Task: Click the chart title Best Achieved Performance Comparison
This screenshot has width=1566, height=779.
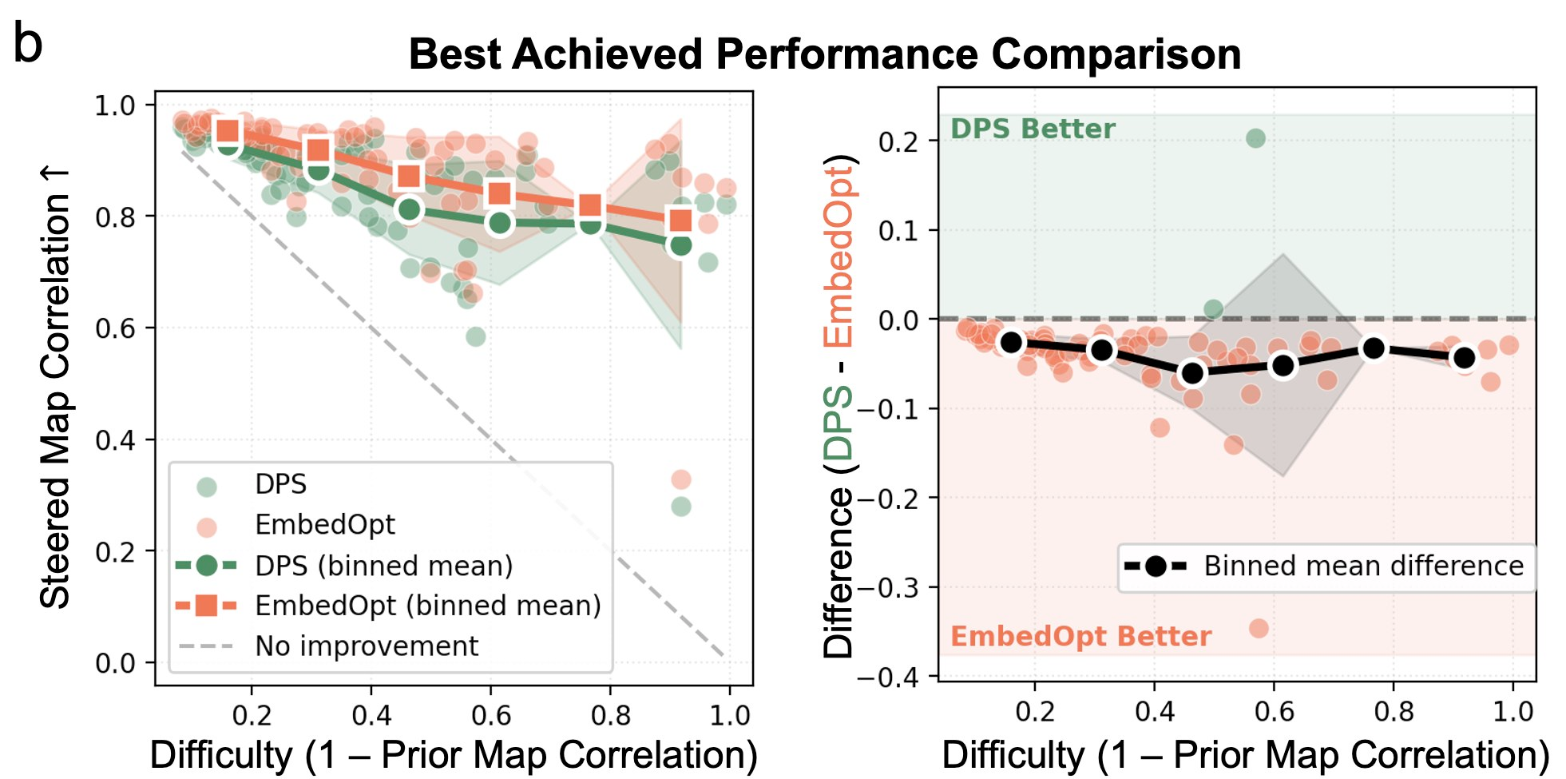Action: pos(824,55)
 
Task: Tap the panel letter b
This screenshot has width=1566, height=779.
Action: pos(28,45)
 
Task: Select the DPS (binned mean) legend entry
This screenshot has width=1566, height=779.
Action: pos(383,566)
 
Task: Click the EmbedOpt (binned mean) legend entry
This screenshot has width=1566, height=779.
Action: pos(427,606)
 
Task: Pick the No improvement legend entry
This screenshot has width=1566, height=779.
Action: pos(366,646)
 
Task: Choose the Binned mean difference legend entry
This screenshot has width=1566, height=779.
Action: pos(1363,566)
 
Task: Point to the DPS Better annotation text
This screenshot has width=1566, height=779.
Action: pos(1032,129)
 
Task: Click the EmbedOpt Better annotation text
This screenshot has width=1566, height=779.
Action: pos(1080,636)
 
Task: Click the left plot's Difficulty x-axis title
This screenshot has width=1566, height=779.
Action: pos(454,755)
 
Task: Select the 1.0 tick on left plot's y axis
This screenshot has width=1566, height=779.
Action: pos(115,105)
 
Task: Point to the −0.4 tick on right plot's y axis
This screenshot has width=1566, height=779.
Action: pos(888,678)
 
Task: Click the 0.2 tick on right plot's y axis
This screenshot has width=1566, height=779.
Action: pos(898,141)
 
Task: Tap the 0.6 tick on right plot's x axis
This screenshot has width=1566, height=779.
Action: pos(1274,711)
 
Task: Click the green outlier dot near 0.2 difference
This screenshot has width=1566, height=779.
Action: pos(1255,138)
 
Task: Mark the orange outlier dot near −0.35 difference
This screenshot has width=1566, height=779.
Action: pos(1259,628)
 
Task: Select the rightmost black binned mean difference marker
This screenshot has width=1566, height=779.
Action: pos(1465,357)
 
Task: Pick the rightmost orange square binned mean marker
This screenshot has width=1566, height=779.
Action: pos(680,220)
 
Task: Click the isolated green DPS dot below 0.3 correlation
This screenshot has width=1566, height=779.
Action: pos(680,506)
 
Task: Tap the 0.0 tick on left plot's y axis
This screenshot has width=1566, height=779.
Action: pos(115,663)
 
